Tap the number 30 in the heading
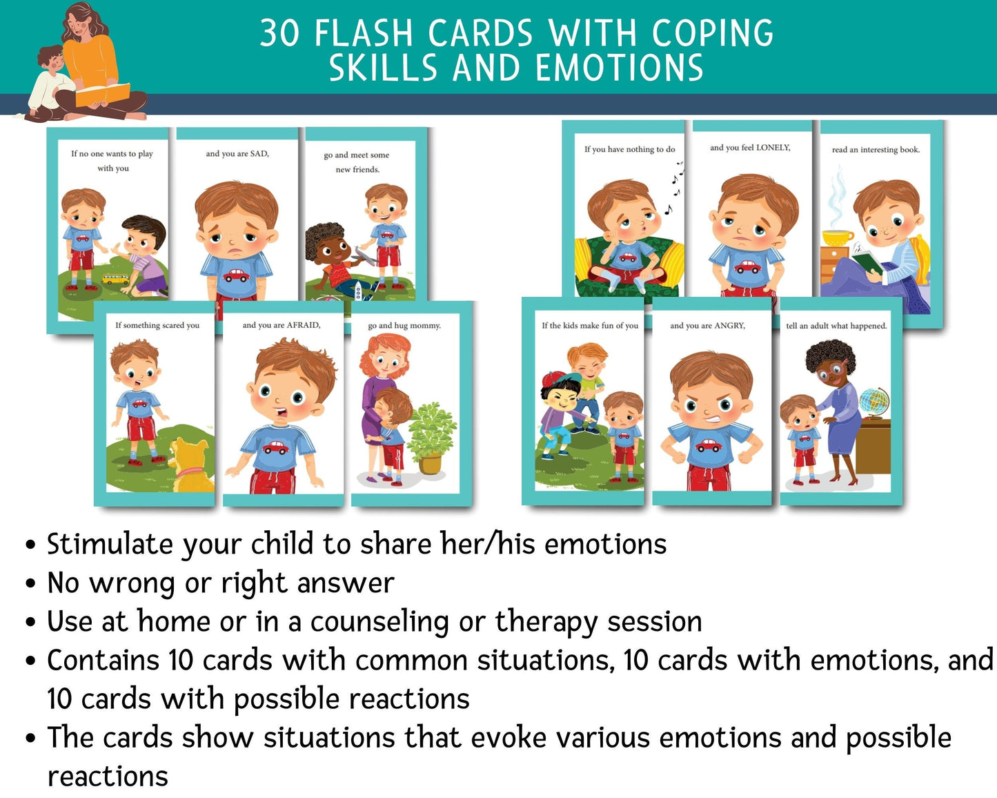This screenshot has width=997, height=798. pos(279,33)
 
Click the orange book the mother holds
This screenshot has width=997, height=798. pos(103,95)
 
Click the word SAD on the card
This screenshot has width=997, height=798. pos(259,154)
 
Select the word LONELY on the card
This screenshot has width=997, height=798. pos(773,148)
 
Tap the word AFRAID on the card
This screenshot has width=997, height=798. pos(303,325)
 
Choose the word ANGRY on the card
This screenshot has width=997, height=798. pos(729,326)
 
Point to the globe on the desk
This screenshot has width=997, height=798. pos(874,400)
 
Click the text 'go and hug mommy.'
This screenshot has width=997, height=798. pos(404,325)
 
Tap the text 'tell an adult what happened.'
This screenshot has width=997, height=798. pos(836,326)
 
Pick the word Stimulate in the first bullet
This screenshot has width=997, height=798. pos(110,545)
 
